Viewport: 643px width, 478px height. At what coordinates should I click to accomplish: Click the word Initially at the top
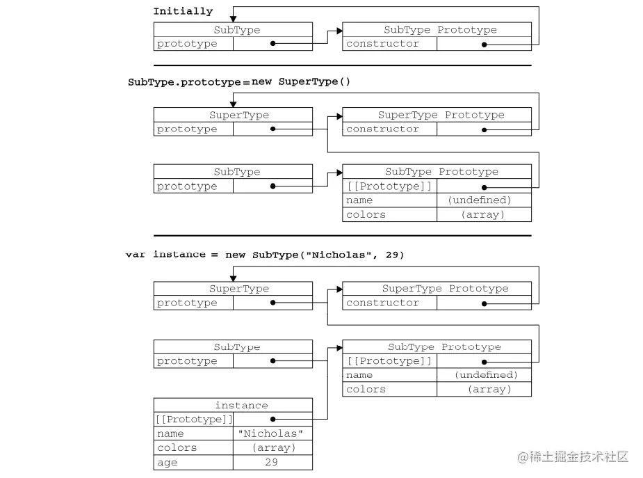pos(183,11)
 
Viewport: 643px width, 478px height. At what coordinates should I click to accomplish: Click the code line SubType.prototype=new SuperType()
pos(239,82)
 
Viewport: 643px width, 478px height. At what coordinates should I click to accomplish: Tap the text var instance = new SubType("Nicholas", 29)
pos(264,255)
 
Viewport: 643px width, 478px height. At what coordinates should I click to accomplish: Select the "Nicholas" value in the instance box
pos(272,433)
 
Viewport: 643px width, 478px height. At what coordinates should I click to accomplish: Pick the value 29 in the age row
pos(272,462)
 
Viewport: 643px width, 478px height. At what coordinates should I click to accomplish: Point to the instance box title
pos(241,405)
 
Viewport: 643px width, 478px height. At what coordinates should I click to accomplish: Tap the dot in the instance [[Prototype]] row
pos(273,419)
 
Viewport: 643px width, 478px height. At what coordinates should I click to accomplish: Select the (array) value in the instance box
pos(272,447)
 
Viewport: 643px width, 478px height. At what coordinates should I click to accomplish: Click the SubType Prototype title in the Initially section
pos(440,30)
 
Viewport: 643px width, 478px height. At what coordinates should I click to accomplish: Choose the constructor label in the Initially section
pos(382,44)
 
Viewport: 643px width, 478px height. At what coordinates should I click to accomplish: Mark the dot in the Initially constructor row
pos(484,44)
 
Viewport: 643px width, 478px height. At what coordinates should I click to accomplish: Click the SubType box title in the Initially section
pos(237,30)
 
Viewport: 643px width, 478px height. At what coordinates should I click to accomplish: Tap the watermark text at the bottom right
pos(573,457)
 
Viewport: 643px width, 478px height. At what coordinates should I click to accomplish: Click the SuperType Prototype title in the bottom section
pos(445,289)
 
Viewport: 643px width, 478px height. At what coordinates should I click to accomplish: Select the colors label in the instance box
pos(177,447)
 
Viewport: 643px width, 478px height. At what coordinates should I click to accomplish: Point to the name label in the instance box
pos(170,433)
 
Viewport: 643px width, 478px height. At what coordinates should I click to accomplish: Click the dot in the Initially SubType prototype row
pos(273,44)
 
